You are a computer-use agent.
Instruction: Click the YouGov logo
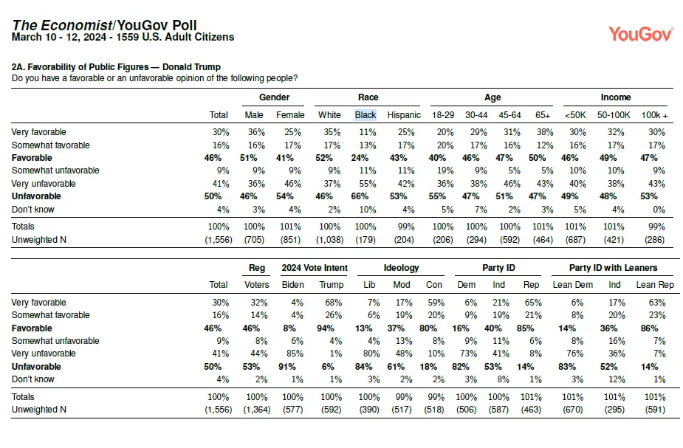pos(641,34)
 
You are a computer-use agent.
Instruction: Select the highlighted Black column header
pos(365,115)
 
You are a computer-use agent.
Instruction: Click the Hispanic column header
pos(404,115)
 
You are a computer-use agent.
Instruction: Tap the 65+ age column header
pos(543,115)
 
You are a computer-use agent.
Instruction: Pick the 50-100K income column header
pos(614,115)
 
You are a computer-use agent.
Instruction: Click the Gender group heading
pos(274,97)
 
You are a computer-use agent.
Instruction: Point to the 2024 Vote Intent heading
pos(315,268)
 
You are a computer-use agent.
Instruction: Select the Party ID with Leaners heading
pos(613,268)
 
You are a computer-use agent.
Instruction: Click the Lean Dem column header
pos(572,285)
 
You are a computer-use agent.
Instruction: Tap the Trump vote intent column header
pos(331,285)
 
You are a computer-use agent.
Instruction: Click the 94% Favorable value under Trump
pos(326,328)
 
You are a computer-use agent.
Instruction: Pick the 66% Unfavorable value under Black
pos(360,196)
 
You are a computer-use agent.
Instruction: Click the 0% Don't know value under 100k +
pos(659,210)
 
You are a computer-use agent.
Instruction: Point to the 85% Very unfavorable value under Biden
pos(295,354)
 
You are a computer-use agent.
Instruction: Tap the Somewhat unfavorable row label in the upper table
pos(55,170)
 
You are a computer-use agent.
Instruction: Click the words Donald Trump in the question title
pos(192,67)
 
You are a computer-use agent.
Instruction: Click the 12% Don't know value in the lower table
pos(617,379)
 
